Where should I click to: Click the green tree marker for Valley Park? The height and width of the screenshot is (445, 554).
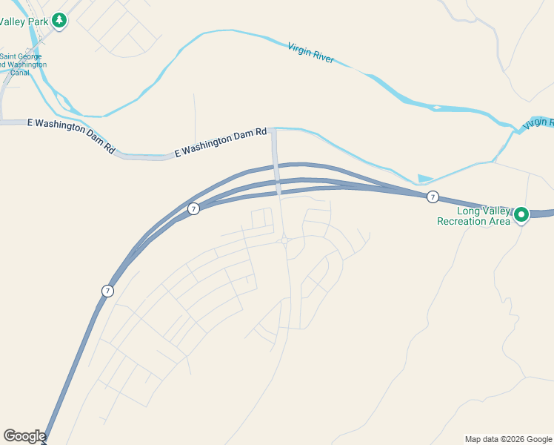click(59, 22)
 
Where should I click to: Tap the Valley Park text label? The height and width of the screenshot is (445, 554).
click(24, 22)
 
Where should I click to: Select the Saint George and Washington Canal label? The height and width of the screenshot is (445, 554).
click(22, 65)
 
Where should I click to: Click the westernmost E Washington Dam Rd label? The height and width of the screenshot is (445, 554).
click(72, 136)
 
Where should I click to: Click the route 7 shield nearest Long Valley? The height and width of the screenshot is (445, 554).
click(433, 197)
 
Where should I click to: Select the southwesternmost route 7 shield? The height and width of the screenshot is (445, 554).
click(108, 291)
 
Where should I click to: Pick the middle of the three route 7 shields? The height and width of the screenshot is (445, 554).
click(193, 209)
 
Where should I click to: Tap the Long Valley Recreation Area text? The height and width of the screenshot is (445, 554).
click(474, 215)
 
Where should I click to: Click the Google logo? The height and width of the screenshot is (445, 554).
click(24, 436)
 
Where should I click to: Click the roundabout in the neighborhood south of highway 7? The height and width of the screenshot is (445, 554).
click(284, 240)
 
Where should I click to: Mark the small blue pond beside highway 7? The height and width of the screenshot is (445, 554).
click(424, 179)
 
